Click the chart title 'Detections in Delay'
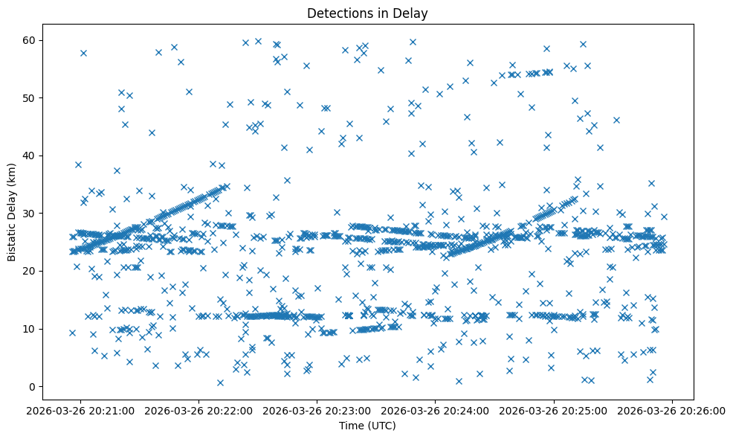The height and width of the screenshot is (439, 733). tap(368, 13)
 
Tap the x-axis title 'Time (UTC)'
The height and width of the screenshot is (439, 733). tap(368, 426)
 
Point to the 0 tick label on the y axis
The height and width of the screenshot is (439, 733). tap(33, 386)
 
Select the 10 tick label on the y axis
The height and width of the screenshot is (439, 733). tap(30, 329)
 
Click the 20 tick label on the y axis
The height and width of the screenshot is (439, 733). tap(30, 271)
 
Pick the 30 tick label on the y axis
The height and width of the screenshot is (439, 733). tap(30, 214)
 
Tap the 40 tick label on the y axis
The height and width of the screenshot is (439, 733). tap(30, 156)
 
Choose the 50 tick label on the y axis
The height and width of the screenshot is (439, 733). tap(30, 97)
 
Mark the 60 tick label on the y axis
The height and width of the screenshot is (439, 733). tap(30, 40)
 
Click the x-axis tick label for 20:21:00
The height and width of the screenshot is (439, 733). tap(81, 410)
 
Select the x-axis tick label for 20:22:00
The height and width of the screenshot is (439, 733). tap(199, 410)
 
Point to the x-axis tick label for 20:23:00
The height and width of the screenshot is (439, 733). tap(317, 410)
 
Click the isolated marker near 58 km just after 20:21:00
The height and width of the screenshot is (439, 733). tap(83, 53)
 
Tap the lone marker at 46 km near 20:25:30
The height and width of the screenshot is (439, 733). tap(616, 120)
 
